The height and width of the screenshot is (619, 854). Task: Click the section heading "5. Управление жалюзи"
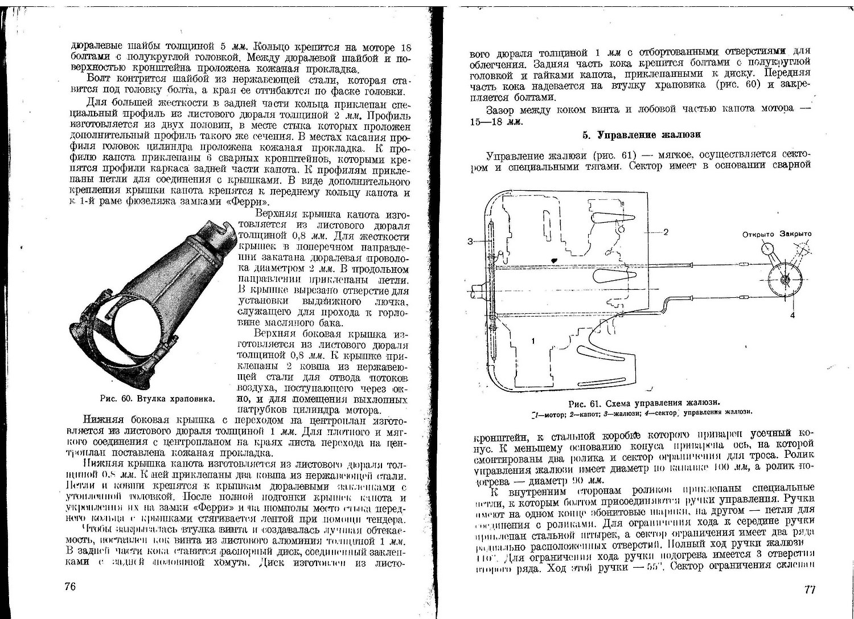[x=640, y=135]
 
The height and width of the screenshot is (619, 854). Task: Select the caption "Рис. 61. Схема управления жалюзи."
[x=640, y=402]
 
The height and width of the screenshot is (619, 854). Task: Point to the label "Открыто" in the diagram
[x=759, y=234]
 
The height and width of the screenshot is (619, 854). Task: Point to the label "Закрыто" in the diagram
[x=796, y=234]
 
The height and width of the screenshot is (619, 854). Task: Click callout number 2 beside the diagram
[x=665, y=232]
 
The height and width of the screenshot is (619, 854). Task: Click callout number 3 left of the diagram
[x=470, y=241]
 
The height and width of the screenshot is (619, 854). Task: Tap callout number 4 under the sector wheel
[x=792, y=314]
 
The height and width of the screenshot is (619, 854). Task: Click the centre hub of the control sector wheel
[x=786, y=280]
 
